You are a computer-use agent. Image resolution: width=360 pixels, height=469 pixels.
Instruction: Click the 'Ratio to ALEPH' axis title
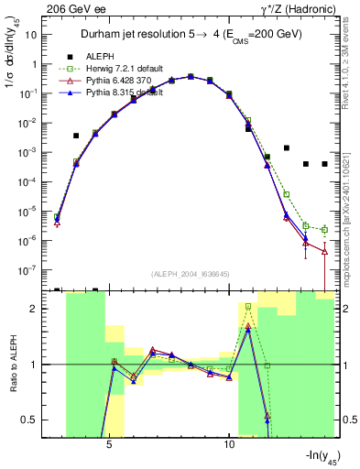pyautogui.click(x=12, y=365)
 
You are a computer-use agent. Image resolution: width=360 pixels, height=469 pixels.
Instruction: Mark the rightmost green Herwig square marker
pyautogui.click(x=324, y=230)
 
